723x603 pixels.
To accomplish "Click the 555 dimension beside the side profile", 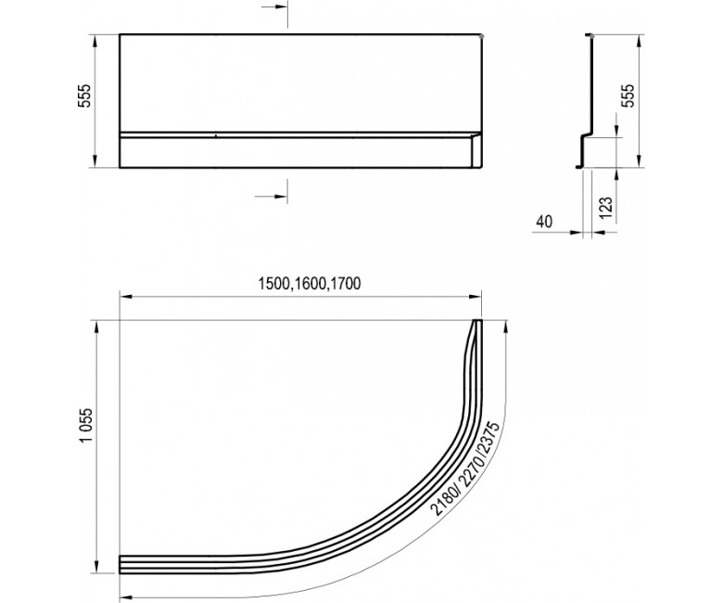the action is (x=629, y=96).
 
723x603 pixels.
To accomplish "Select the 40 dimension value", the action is (x=544, y=222).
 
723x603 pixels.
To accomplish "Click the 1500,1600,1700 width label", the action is (x=310, y=283).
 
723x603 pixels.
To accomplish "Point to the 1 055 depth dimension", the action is (x=86, y=425).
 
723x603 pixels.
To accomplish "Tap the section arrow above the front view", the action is (x=274, y=7).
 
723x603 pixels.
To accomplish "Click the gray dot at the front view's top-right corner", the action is (x=482, y=35).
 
